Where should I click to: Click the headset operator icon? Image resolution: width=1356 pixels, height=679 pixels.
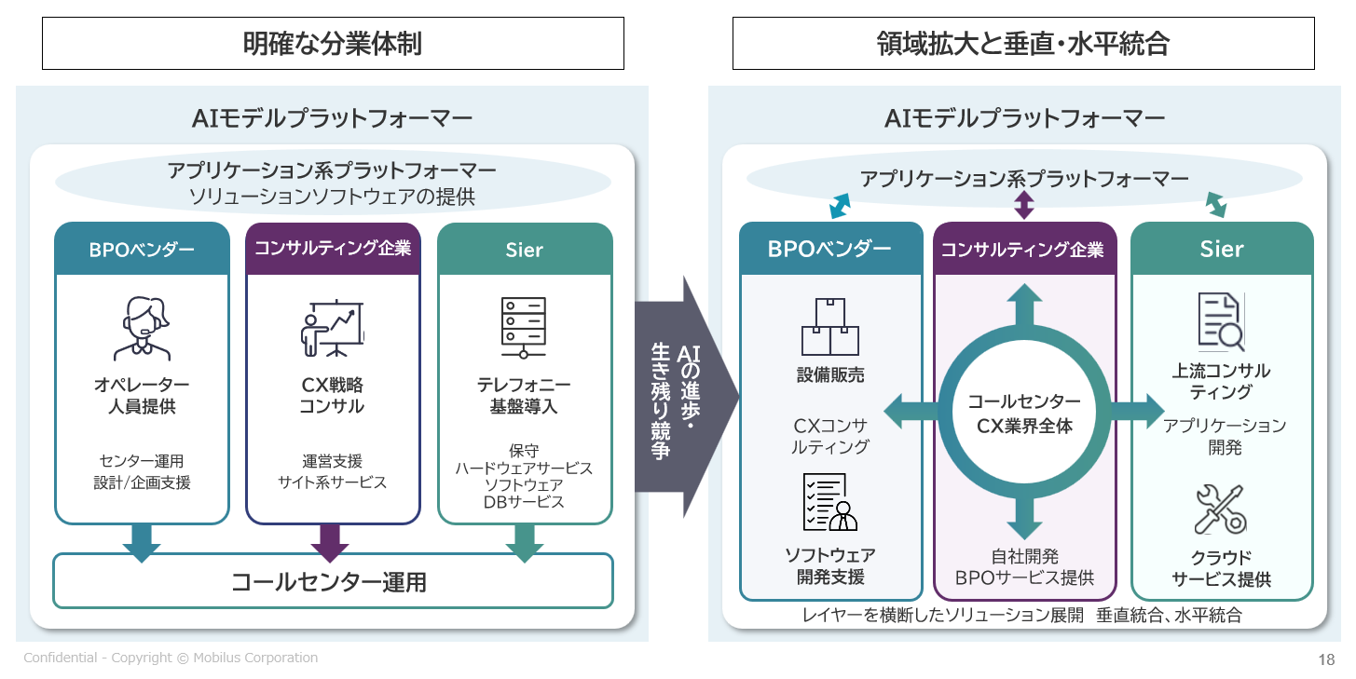coord(142,327)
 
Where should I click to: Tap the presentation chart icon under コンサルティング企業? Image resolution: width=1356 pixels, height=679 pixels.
coord(332,328)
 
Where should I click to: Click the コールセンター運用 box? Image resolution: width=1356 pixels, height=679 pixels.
coord(333,582)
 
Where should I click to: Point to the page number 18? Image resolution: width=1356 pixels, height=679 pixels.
coord(1326,659)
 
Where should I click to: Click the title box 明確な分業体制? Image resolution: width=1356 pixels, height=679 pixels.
coord(333,44)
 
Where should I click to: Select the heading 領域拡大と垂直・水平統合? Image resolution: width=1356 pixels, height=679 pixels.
coord(1022,44)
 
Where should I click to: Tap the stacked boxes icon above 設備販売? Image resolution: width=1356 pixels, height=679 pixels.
coord(829,327)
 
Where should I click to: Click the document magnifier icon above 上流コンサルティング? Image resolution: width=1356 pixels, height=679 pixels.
coord(1220,321)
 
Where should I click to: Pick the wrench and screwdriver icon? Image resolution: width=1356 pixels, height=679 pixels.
coord(1220,509)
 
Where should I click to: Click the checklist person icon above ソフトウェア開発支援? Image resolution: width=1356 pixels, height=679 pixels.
coord(829,502)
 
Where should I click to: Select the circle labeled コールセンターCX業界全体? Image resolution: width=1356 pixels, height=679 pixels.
coord(1023,414)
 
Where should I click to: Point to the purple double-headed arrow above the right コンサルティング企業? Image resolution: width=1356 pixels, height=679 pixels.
coord(1023,205)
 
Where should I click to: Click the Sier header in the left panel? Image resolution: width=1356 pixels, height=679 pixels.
coord(525,250)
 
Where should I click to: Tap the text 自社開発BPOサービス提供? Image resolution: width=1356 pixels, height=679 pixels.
coord(1024,567)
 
